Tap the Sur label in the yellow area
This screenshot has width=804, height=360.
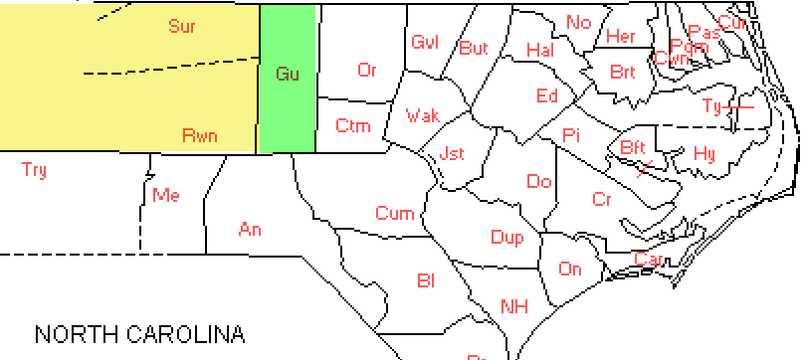[x=181, y=27]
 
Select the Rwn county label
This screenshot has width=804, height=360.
[x=200, y=135]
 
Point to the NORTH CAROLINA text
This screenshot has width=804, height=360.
[x=139, y=332]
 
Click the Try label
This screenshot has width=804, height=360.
[x=34, y=170]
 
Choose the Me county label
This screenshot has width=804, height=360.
[x=165, y=195]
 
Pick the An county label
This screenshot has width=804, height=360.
[x=250, y=230]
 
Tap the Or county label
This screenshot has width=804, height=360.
[x=367, y=70]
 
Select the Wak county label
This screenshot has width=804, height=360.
[x=422, y=116]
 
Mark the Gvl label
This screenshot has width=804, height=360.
[x=425, y=42]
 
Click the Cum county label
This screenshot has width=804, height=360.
[x=394, y=214]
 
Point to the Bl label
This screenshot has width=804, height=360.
[x=426, y=281]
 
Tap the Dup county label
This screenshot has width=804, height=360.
[x=506, y=237]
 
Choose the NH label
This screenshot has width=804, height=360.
[x=513, y=305]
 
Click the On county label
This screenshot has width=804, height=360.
[x=570, y=269]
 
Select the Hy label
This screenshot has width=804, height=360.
[x=703, y=153]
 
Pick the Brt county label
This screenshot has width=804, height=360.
[x=623, y=72]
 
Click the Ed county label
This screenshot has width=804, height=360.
[x=547, y=95]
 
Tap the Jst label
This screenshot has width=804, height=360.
[x=451, y=154]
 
